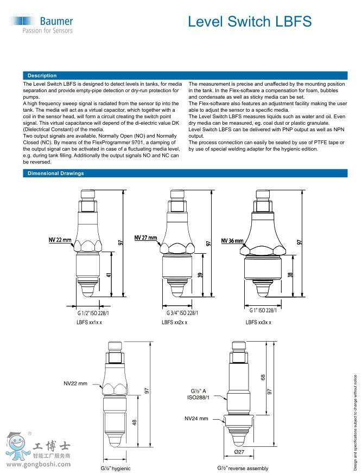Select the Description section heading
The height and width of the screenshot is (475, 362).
click(42, 75)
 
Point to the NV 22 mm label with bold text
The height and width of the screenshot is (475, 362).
click(60, 239)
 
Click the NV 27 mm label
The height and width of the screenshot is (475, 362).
click(145, 237)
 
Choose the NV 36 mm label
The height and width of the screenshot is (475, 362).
click(232, 240)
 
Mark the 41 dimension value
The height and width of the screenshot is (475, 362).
click(109, 275)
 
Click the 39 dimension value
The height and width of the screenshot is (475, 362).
click(200, 275)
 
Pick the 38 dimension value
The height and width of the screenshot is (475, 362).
click(290, 275)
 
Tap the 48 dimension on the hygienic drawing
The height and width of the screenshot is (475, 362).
click(134, 422)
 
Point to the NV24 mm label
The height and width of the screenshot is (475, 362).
click(196, 418)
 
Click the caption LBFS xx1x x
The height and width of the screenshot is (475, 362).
click(89, 322)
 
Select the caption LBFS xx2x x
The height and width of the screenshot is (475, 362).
click(175, 322)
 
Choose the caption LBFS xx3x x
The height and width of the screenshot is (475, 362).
click(258, 322)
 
